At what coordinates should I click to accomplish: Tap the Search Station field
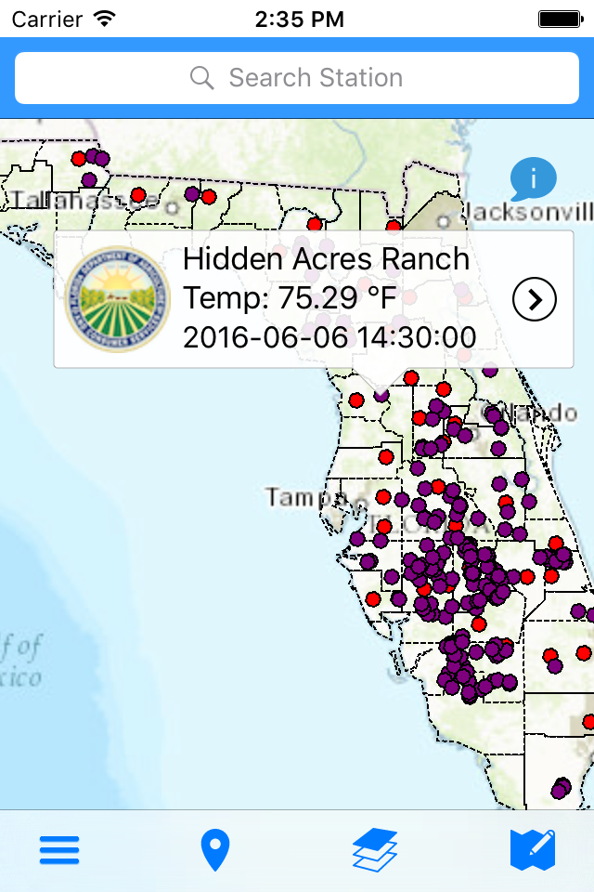(297, 78)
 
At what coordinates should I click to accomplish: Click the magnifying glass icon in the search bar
(201, 78)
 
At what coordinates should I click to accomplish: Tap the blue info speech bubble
(533, 178)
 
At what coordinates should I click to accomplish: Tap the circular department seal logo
(118, 299)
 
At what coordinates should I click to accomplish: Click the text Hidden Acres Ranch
(326, 258)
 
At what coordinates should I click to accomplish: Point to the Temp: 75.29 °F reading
(290, 298)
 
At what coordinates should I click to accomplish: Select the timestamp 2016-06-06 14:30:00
(329, 337)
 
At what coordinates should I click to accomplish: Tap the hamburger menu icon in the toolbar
(58, 850)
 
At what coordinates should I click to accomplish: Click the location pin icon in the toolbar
(215, 850)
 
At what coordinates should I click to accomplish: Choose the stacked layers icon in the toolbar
(375, 850)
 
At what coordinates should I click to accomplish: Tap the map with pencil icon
(533, 850)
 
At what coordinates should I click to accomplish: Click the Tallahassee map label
(65, 201)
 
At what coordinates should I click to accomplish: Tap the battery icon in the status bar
(560, 19)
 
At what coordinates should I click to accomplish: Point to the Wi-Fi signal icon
(104, 18)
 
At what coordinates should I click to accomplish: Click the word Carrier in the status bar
(46, 19)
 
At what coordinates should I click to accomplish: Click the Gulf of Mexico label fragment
(20, 660)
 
